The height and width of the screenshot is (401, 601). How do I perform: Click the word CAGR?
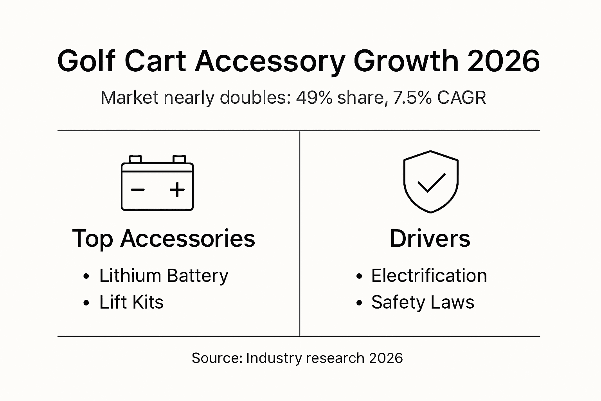pos(462,98)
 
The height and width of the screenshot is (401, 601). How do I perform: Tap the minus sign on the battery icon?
pos(138,190)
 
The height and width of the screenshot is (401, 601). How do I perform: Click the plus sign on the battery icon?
pos(177,190)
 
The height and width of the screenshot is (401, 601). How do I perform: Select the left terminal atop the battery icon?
pos(135,159)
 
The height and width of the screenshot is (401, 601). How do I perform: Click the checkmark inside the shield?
pos(431,182)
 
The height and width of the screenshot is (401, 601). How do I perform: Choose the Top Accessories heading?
pos(164,238)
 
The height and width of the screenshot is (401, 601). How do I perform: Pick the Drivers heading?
pos(430,238)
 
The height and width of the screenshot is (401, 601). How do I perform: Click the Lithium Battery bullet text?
pos(164,276)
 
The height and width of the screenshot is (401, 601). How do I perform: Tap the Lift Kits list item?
pos(131,302)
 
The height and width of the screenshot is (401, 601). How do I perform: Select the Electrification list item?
pos(429,276)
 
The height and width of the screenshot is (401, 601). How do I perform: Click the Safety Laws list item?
pos(423,302)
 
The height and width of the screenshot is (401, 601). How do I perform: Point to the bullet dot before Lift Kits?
pos(86,303)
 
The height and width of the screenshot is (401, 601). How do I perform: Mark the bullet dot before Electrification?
pos(359,276)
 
